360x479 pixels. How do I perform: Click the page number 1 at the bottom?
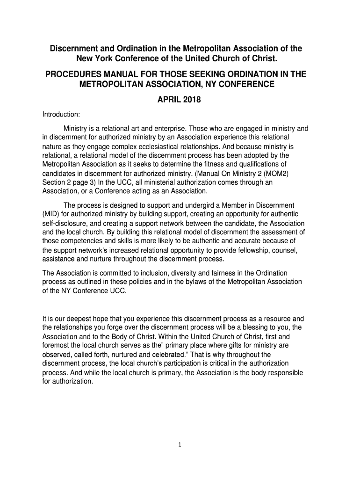click(180, 445)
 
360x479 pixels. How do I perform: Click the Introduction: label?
click(61, 115)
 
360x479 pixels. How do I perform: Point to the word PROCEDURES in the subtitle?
click(72, 74)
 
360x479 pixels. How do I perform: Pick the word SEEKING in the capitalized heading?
click(208, 74)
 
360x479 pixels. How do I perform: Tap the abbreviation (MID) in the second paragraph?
click(51, 214)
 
